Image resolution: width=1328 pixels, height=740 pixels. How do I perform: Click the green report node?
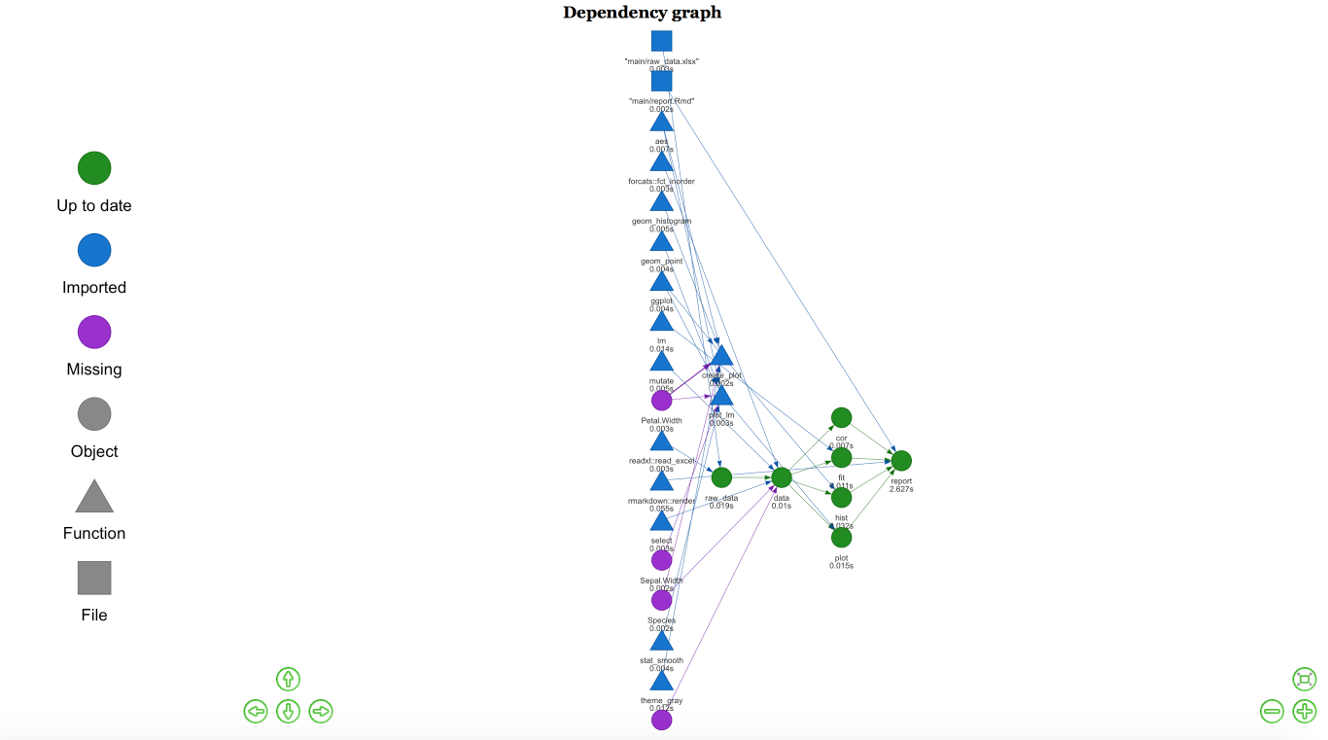901,461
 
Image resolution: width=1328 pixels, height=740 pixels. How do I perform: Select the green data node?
782,477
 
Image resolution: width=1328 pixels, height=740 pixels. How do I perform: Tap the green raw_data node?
721,477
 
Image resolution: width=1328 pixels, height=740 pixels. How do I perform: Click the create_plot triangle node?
721,356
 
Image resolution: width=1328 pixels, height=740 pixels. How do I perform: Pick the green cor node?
842,417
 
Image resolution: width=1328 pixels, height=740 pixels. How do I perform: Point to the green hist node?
842,498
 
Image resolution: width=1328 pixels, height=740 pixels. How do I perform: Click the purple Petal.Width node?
662,401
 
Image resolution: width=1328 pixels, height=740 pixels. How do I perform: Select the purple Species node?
662,600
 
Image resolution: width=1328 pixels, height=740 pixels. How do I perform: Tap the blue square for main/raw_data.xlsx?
662,41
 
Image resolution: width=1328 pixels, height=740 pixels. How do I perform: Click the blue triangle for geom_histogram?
662,202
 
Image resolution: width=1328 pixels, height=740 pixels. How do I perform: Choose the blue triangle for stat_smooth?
662,641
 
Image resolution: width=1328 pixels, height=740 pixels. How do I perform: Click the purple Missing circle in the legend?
94,332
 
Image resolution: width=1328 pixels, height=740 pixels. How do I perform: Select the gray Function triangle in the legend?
94,498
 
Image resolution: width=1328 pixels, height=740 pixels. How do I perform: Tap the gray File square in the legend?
94,578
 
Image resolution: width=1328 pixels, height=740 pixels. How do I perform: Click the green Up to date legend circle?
94,168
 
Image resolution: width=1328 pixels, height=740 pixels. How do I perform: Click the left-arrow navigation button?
256,712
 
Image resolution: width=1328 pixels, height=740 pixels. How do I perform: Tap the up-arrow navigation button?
288,679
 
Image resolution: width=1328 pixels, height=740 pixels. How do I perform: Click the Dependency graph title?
643,13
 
